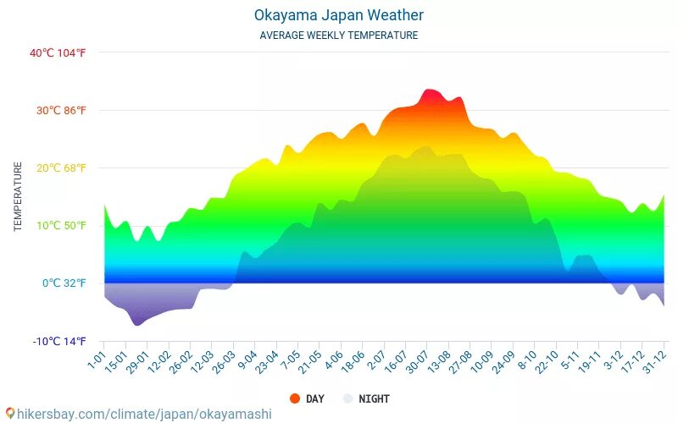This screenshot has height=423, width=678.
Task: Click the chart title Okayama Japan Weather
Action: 339,15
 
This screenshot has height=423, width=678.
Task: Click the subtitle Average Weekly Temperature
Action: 339,36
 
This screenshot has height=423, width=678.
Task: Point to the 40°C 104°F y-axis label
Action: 58,52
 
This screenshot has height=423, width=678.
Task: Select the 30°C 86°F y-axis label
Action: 58,110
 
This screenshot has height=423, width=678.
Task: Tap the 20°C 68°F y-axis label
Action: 58,168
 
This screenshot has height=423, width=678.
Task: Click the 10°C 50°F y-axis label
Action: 58,225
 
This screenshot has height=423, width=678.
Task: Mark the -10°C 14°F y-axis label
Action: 58,341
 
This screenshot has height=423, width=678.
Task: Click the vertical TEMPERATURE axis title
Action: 18,197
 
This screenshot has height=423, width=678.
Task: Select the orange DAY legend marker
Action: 295,398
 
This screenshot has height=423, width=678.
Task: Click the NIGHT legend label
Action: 374,398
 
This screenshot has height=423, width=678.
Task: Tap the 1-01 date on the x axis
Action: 96,359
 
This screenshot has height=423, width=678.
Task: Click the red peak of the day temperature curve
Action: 430,91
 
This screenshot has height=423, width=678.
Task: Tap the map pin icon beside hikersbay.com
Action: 9,414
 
